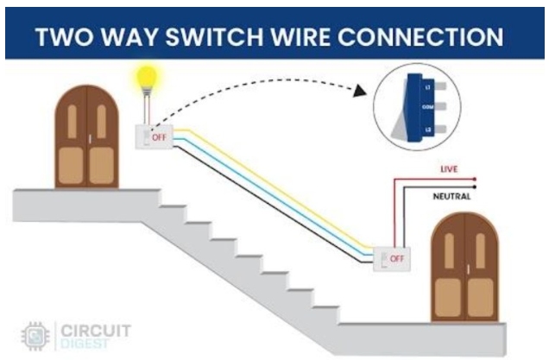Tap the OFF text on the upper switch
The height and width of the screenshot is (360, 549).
[x=160, y=137]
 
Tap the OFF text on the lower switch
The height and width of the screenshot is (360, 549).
[x=397, y=258]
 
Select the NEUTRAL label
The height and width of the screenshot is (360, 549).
[x=451, y=197]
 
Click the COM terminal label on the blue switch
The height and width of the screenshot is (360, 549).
[x=427, y=106]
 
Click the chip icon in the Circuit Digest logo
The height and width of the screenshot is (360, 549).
[x=34, y=335]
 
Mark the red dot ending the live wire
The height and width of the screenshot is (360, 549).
[x=475, y=178]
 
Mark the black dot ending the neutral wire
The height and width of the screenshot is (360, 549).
[x=475, y=188]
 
